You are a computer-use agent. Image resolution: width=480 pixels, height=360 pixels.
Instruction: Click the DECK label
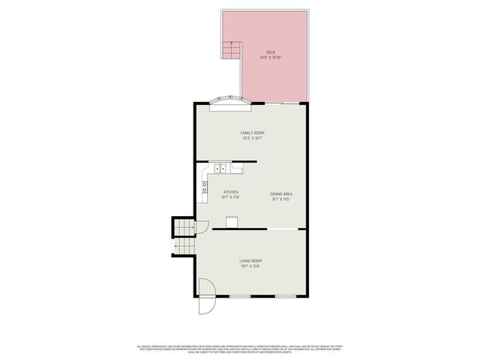coord(270,52)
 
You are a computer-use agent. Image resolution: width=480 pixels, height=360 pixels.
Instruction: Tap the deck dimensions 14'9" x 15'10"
coord(270,57)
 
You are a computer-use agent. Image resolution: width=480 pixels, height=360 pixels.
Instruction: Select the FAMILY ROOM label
coord(252,133)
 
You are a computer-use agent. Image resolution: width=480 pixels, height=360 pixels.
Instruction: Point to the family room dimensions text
coord(252,138)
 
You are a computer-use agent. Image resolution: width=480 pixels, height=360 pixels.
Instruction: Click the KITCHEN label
coord(231,193)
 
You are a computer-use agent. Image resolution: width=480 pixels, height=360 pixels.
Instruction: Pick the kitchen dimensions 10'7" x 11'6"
coord(231,198)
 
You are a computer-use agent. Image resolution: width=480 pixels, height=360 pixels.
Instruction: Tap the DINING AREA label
coord(281,195)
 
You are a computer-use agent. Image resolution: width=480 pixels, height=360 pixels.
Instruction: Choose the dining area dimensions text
coord(281,200)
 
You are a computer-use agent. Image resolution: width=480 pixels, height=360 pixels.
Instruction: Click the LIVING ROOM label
coord(250,260)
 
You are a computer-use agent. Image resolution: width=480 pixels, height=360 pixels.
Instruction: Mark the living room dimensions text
coord(250,265)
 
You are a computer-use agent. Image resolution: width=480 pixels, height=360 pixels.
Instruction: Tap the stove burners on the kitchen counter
coord(205,188)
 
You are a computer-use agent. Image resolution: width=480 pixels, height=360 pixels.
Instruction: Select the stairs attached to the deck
coord(230,52)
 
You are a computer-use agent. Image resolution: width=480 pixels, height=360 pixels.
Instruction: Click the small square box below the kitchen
coord(232,222)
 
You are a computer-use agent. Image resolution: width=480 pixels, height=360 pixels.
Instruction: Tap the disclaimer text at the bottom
coord(240,348)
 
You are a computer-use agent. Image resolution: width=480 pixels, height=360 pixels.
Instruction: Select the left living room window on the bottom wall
coord(240,296)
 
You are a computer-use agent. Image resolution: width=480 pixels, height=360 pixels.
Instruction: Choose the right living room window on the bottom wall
coord(285,296)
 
